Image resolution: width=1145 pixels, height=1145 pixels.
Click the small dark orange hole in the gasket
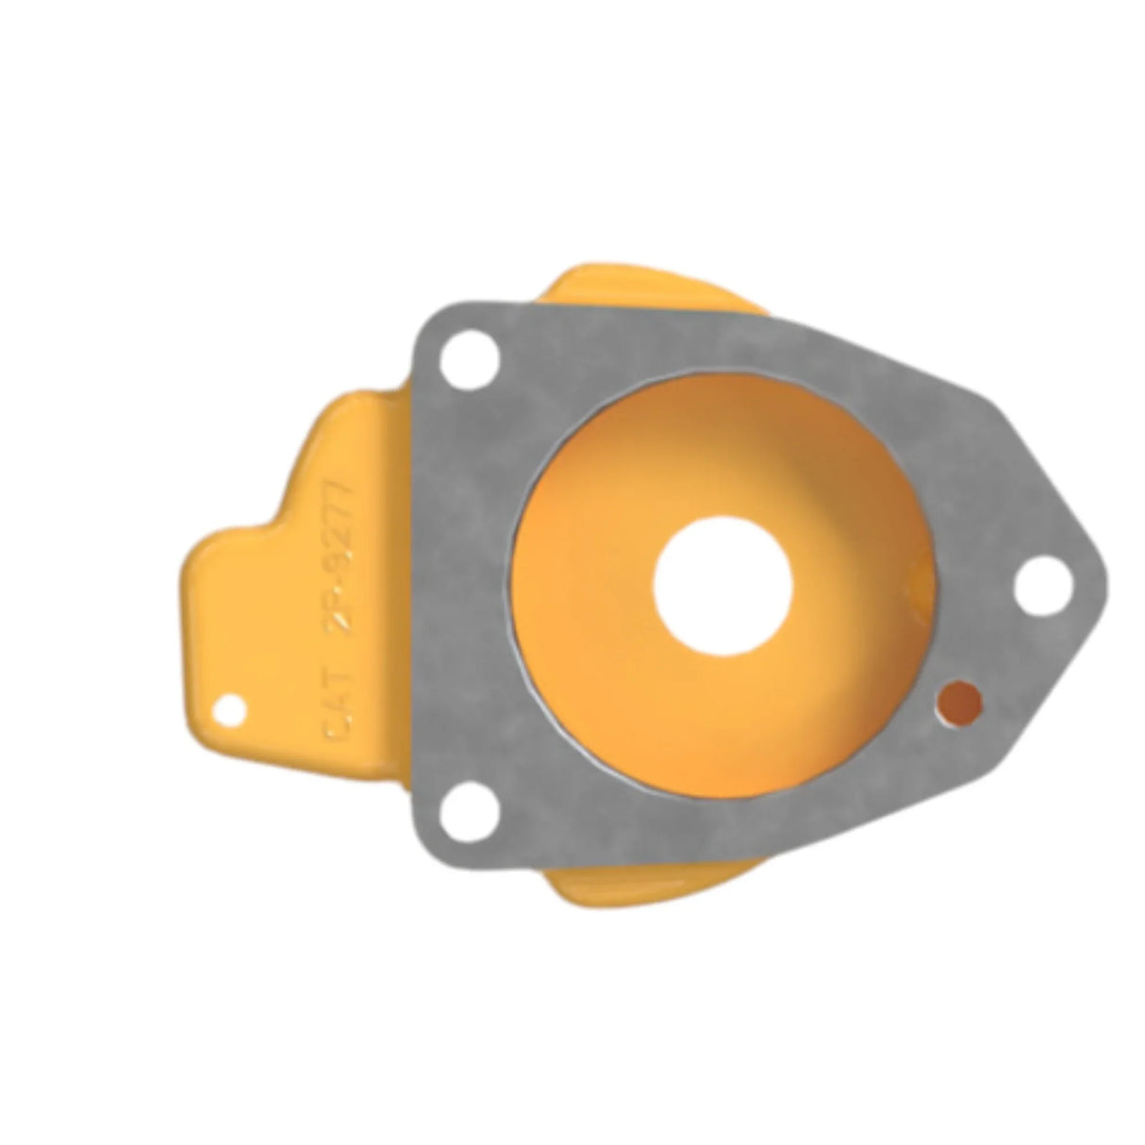[958, 701]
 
